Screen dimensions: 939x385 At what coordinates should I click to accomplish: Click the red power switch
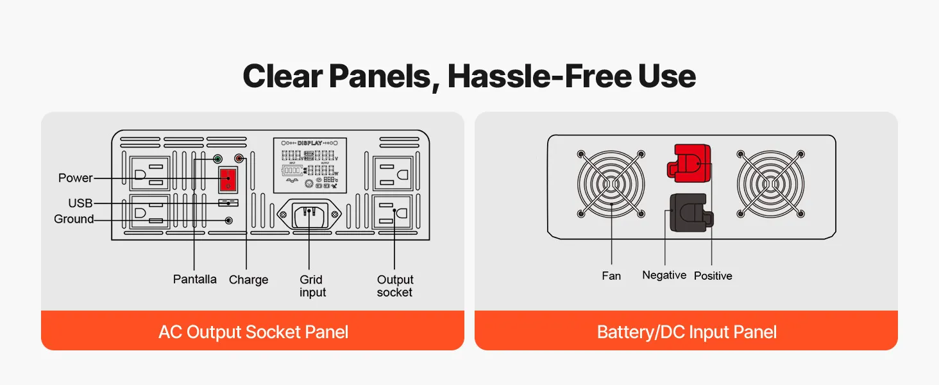click(228, 180)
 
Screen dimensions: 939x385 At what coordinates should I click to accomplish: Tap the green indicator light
click(217, 159)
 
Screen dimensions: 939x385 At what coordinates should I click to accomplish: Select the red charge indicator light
click(239, 158)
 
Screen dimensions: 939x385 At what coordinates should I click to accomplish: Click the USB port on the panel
click(228, 203)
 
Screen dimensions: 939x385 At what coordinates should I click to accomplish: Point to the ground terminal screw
click(228, 220)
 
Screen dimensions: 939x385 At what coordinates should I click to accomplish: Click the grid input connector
click(309, 214)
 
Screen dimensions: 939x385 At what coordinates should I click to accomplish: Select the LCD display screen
click(310, 166)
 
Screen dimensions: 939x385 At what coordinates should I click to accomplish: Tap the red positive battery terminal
click(689, 163)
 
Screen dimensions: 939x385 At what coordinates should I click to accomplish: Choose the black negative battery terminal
click(691, 212)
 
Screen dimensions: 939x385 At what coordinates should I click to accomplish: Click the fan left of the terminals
click(611, 184)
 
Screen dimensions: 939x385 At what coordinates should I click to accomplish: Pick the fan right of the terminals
click(770, 184)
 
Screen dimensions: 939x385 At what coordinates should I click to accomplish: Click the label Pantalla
click(195, 279)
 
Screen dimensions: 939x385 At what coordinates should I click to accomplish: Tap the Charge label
click(249, 280)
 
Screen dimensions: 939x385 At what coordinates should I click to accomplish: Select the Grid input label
click(312, 286)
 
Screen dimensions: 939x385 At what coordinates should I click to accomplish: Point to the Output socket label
click(395, 286)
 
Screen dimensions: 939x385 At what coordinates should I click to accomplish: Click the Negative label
click(664, 275)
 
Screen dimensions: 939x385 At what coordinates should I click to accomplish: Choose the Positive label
click(713, 276)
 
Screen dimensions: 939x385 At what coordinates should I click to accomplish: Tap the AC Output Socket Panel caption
click(253, 332)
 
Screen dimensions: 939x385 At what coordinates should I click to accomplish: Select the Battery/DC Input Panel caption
click(687, 332)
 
